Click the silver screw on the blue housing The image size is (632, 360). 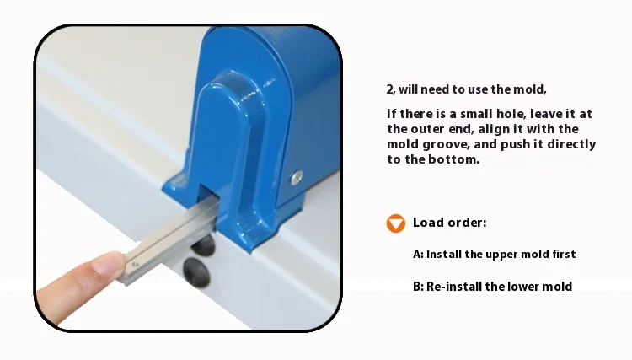click(x=296, y=176)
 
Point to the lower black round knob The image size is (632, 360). click(x=195, y=271)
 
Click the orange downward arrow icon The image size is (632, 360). click(x=395, y=223)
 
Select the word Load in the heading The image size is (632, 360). click(x=427, y=223)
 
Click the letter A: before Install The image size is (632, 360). click(x=418, y=254)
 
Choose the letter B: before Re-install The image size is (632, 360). click(x=418, y=287)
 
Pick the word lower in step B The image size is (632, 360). click(x=525, y=287)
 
